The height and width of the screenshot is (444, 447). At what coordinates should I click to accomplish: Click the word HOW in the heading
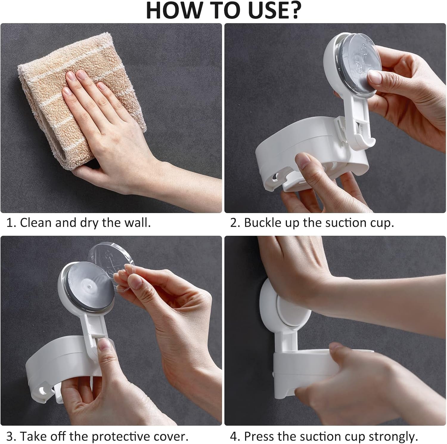click(x=169, y=11)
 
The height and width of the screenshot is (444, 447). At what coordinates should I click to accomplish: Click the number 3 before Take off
click(x=10, y=437)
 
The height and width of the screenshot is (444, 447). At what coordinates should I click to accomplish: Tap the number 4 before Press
click(x=233, y=437)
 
